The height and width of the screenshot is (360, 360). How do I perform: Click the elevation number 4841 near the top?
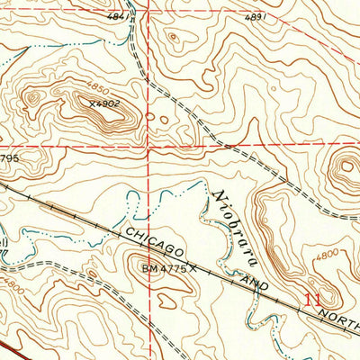click(x=116, y=16)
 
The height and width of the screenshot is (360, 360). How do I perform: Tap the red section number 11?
click(x=312, y=299)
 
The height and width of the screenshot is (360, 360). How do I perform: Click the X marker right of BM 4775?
click(x=192, y=267)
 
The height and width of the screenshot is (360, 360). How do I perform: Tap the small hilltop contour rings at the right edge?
click(x=347, y=168)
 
